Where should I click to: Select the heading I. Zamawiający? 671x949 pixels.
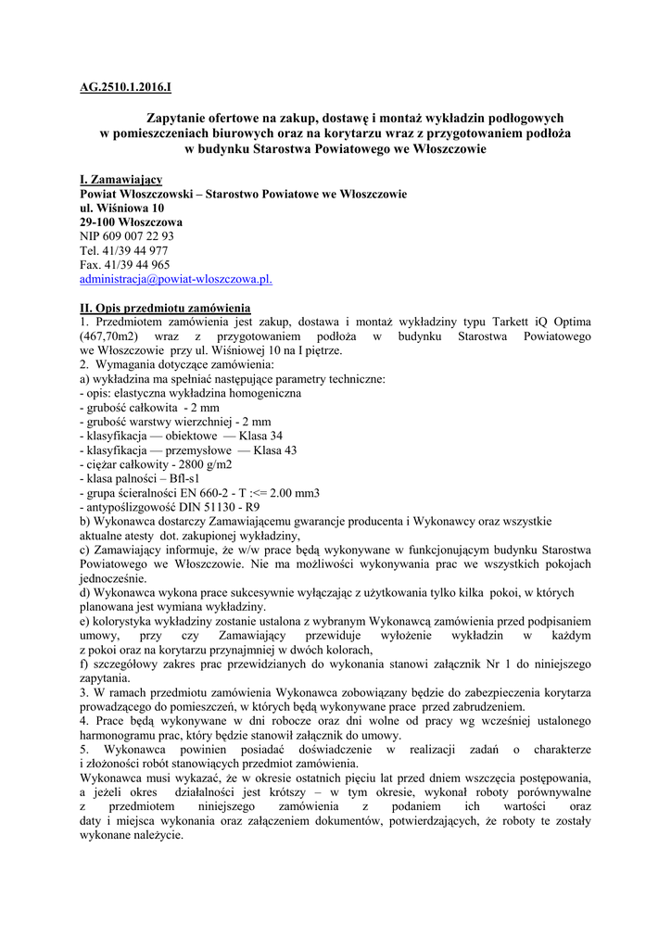tap(120, 179)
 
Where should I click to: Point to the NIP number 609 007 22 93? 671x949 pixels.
tap(139, 236)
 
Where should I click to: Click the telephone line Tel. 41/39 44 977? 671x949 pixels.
tap(123, 250)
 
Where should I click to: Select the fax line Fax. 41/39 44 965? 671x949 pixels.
tap(124, 264)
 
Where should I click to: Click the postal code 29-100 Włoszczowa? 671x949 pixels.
tap(131, 222)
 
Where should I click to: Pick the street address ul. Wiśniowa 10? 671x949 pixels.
tap(121, 209)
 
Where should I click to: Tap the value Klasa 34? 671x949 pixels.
tap(260, 436)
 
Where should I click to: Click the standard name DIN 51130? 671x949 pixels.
tap(209, 507)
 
